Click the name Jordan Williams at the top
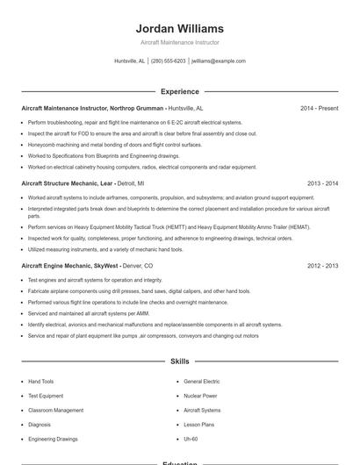pos(179,28)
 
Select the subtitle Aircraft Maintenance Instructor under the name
pos(179,42)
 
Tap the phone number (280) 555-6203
pos(168,61)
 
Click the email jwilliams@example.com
pos(219,61)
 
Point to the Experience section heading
pos(179,91)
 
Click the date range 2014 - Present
pos(319,108)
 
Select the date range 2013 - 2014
pos(322,183)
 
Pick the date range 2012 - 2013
pos(322,265)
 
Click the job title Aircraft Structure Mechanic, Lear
pos(68,183)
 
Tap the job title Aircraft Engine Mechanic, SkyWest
pos(70,265)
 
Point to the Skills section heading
pos(179,361)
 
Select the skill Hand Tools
pos(40,382)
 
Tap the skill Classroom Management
pos(55,410)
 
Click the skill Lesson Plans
pos(198,424)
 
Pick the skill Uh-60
pos(191,438)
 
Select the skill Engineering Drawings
pos(53,438)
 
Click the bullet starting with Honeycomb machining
pos(114,144)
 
